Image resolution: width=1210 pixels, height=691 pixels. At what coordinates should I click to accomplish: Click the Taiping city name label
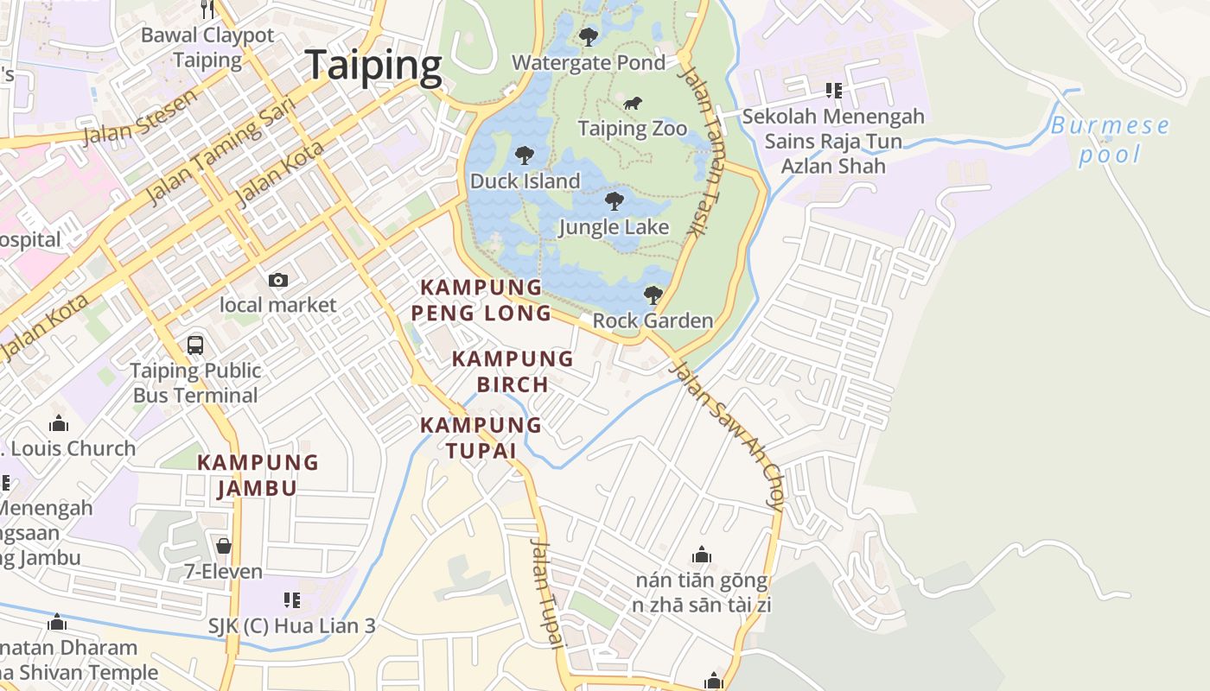[x=373, y=66]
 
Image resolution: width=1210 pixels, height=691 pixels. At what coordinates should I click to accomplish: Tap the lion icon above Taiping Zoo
[x=633, y=104]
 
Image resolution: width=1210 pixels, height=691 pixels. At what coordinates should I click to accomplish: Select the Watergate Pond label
[x=589, y=62]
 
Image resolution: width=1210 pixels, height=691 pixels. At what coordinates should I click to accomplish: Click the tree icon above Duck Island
[x=524, y=155]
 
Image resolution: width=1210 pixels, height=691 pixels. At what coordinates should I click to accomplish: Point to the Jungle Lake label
[x=614, y=227]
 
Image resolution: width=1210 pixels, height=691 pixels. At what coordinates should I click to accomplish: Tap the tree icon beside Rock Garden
[x=653, y=295]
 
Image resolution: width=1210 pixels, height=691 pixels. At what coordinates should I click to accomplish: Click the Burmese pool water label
[x=1110, y=140]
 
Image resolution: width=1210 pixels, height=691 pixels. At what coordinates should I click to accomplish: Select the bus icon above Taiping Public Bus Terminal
[x=195, y=345]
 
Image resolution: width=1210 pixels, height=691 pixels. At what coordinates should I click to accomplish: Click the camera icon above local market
[x=277, y=280]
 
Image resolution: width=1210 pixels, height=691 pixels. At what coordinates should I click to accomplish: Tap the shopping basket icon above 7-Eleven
[x=224, y=546]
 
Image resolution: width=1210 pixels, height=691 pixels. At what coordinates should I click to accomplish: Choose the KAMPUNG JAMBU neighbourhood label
[x=258, y=475]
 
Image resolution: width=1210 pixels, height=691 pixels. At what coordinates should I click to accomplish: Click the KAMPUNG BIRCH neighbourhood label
[x=513, y=371]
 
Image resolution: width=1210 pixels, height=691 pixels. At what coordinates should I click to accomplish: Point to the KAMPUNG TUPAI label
[x=481, y=438]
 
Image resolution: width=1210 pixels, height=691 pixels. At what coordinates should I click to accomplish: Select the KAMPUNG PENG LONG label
[x=481, y=300]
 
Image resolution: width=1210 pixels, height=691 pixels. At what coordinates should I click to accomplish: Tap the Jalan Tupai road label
[x=547, y=593]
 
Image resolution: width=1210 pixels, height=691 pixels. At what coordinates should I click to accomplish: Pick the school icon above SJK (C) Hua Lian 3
[x=292, y=599]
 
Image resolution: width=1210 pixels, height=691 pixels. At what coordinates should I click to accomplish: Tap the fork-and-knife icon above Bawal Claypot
[x=207, y=9]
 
